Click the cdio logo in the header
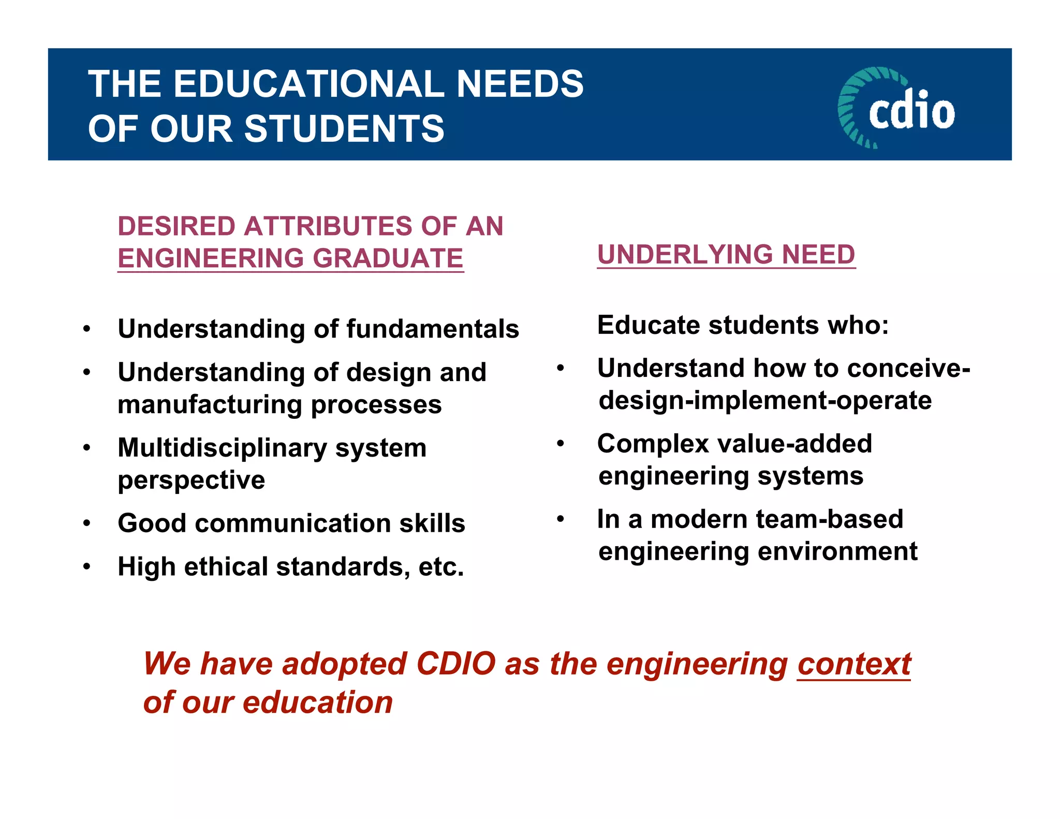tap(896, 108)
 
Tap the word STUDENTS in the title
tap(344, 129)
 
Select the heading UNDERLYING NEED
tap(726, 254)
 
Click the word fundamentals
tap(432, 329)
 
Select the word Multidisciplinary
tap(222, 448)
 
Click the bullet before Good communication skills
tap(87, 523)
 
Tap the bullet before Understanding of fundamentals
tap(87, 329)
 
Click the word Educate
tap(648, 326)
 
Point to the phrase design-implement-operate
tap(765, 401)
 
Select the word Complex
tap(653, 444)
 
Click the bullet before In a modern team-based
tap(560, 519)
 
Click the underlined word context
tap(854, 664)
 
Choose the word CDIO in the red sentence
tap(455, 664)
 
